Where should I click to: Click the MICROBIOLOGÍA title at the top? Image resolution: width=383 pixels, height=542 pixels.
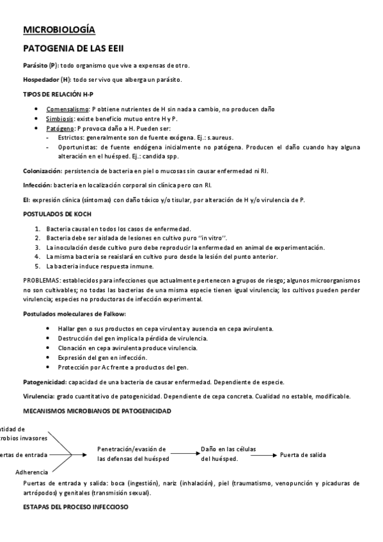click(x=59, y=29)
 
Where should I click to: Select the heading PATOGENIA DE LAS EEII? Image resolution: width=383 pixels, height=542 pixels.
click(x=73, y=48)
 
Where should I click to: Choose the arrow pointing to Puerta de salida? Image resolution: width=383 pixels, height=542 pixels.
click(x=265, y=454)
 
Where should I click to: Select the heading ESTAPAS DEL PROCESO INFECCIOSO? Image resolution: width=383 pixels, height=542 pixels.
click(x=76, y=507)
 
